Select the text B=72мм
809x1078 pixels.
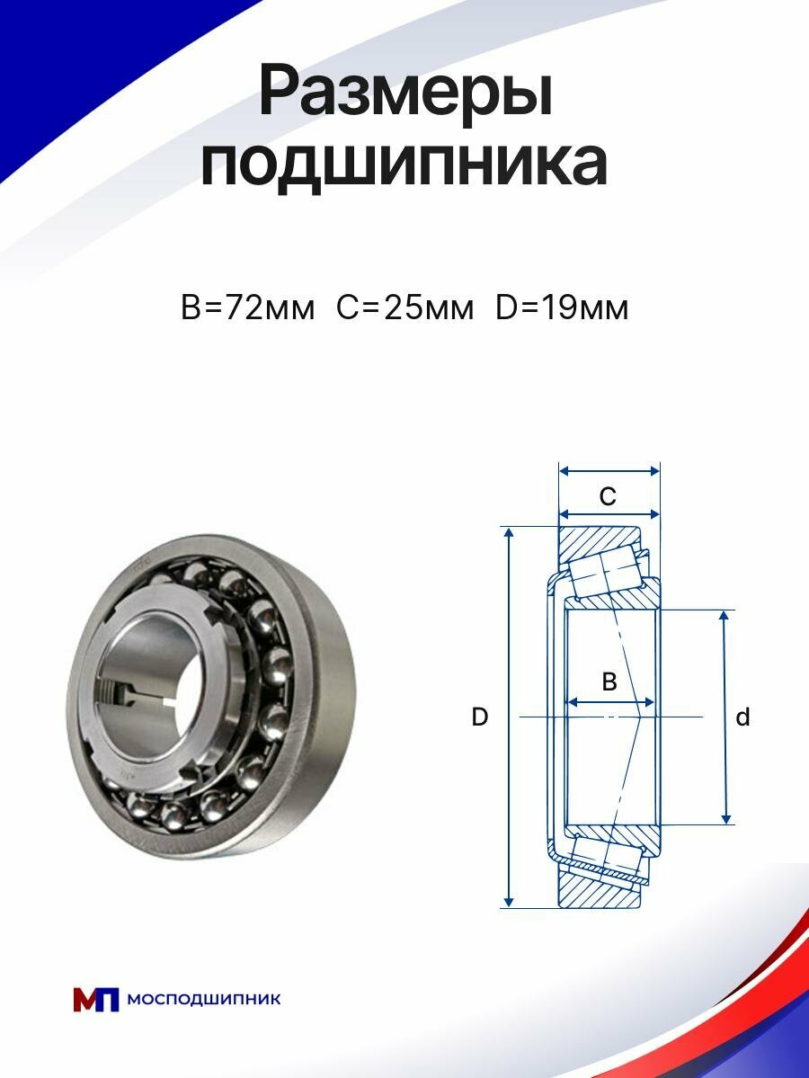(x=247, y=308)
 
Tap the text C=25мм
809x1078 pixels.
(x=404, y=308)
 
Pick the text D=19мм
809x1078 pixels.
(x=562, y=308)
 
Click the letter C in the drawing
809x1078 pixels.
(x=608, y=496)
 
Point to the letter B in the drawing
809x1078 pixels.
(x=609, y=682)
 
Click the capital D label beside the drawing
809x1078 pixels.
(x=480, y=717)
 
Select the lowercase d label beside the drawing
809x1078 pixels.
(x=742, y=717)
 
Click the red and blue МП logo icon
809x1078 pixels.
(x=96, y=999)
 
